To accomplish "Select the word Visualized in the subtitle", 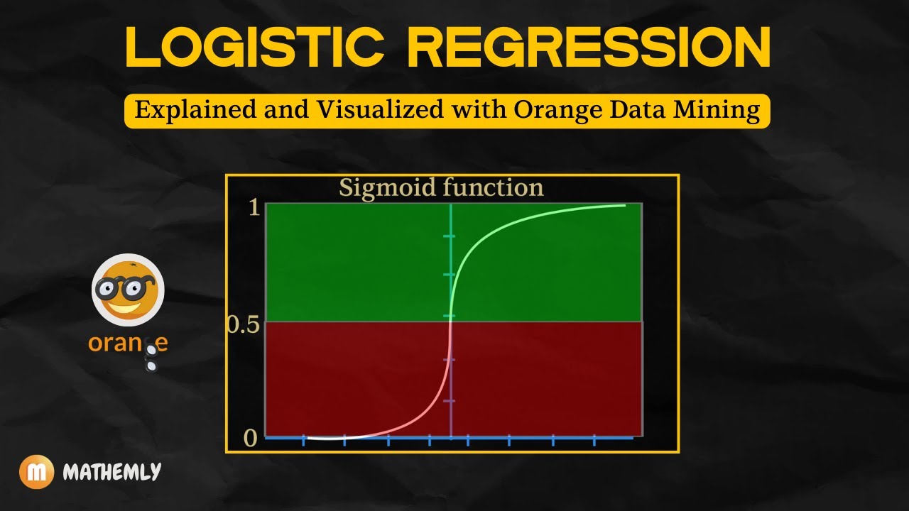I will pyautogui.click(x=364, y=111).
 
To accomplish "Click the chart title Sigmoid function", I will pyautogui.click(x=441, y=188).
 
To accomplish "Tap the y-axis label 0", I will pyautogui.click(x=250, y=438).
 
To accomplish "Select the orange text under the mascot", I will pyautogui.click(x=128, y=344).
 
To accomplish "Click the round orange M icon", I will pyautogui.click(x=36, y=472).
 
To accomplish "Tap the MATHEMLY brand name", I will pyautogui.click(x=111, y=472).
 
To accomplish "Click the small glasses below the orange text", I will pyautogui.click(x=151, y=358).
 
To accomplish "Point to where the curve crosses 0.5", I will pyautogui.click(x=450, y=322).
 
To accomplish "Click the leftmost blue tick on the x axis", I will pyautogui.click(x=304, y=440).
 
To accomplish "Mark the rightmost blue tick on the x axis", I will pyautogui.click(x=594, y=440).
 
